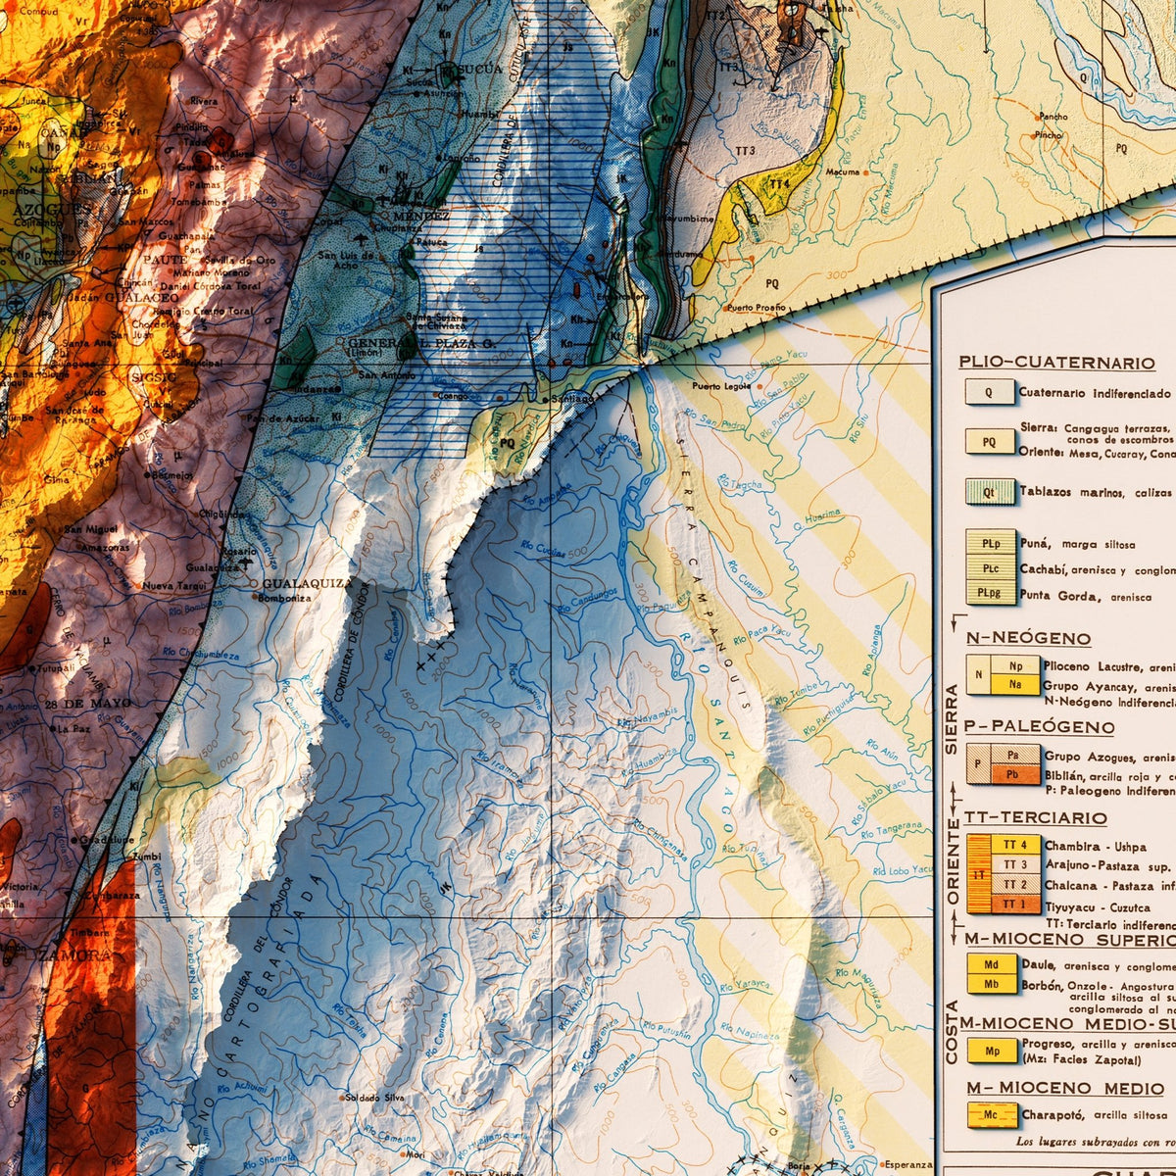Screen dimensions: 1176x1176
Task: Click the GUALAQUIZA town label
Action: point(307,583)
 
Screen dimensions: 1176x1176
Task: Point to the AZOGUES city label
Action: point(54,209)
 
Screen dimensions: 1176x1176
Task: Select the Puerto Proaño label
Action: point(757,308)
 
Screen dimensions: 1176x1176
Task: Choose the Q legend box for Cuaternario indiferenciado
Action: point(989,393)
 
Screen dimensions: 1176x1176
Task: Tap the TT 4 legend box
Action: point(1014,845)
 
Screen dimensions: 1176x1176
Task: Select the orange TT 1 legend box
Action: point(1014,905)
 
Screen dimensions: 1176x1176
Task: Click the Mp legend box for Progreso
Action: point(992,1051)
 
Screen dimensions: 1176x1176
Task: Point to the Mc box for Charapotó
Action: point(992,1115)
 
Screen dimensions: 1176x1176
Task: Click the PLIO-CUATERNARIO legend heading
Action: point(1056,363)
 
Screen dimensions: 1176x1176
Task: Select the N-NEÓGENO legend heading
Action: point(1028,638)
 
